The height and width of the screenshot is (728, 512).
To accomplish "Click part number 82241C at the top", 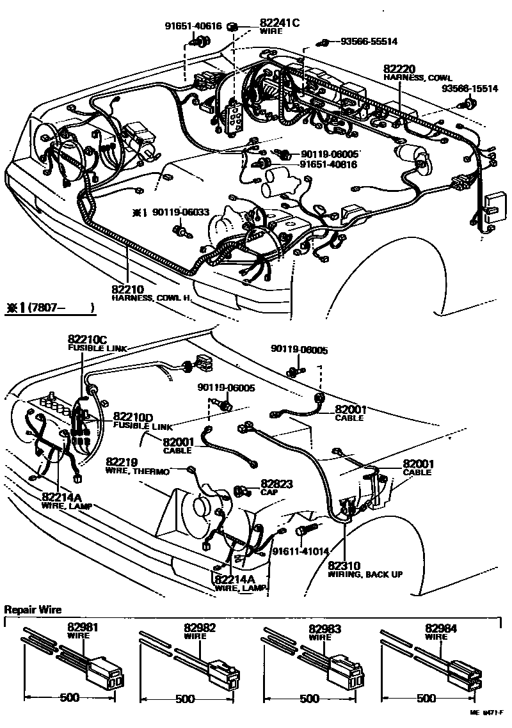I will pyautogui.click(x=279, y=22).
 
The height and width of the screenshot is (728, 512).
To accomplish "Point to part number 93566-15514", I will pyautogui.click(x=470, y=89).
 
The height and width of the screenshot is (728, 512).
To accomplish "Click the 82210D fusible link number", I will pyautogui.click(x=133, y=417).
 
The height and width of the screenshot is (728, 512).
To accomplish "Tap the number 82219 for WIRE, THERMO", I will pyautogui.click(x=122, y=462).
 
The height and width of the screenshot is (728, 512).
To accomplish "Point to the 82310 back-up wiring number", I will pyautogui.click(x=344, y=566).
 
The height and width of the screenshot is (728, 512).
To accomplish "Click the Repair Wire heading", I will pyautogui.click(x=33, y=610).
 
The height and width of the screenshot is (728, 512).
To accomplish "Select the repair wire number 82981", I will pyautogui.click(x=83, y=629).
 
